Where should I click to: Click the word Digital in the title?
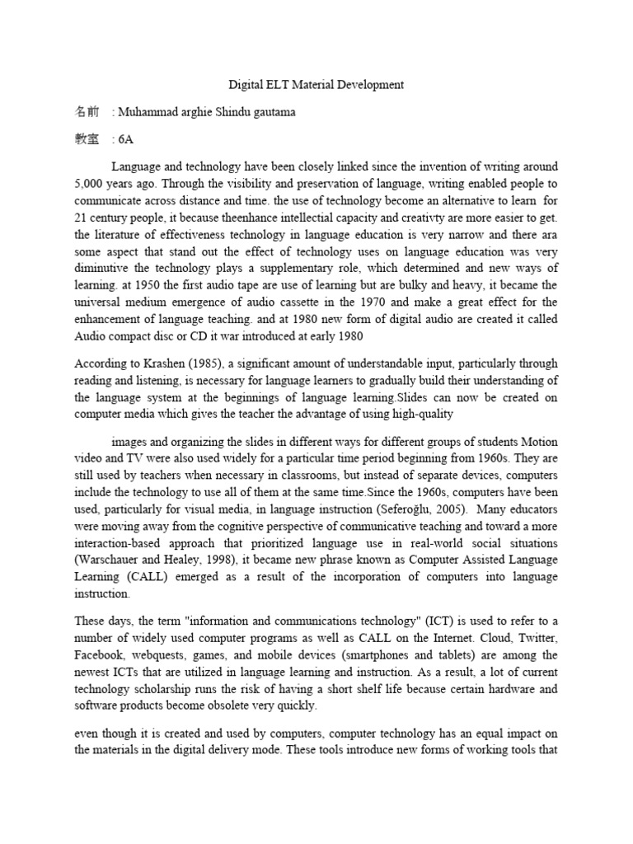point(244,84)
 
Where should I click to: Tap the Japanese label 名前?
point(87,111)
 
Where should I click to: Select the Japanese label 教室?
point(87,139)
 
